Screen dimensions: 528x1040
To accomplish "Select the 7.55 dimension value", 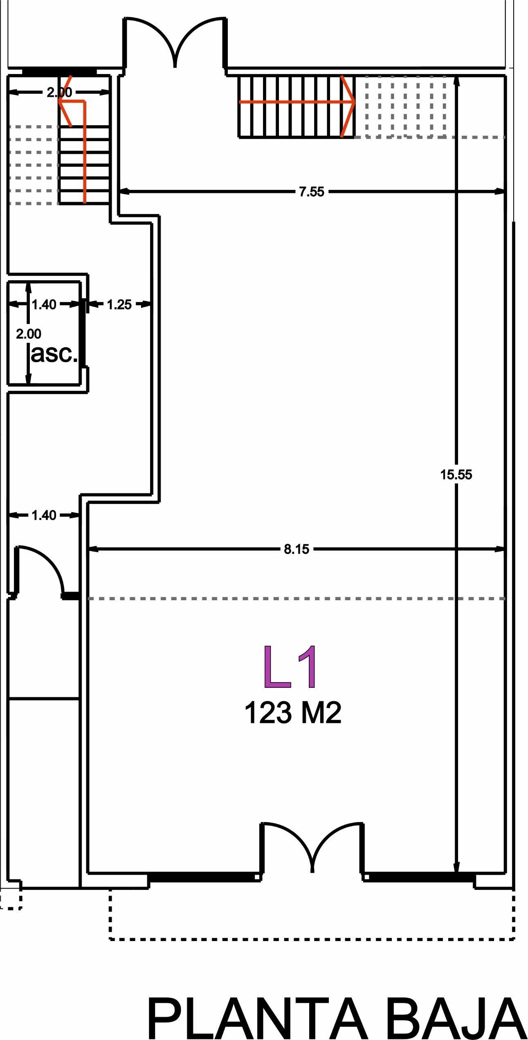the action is (x=312, y=191).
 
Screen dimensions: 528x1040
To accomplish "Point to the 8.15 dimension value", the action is (x=297, y=549).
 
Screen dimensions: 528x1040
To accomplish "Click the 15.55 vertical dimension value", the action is (x=456, y=475).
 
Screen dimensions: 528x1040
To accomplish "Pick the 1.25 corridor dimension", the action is (x=119, y=304).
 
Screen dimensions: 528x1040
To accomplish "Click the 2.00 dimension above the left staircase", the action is (x=59, y=92).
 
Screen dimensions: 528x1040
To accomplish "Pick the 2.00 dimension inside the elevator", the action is (x=29, y=334).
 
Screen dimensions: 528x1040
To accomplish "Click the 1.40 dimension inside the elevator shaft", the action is (x=44, y=304).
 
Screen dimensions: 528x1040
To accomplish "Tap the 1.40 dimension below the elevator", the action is (x=44, y=515).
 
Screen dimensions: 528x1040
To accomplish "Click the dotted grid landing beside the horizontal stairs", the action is (x=405, y=106).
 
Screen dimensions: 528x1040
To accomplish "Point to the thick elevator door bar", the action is (x=83, y=332).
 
